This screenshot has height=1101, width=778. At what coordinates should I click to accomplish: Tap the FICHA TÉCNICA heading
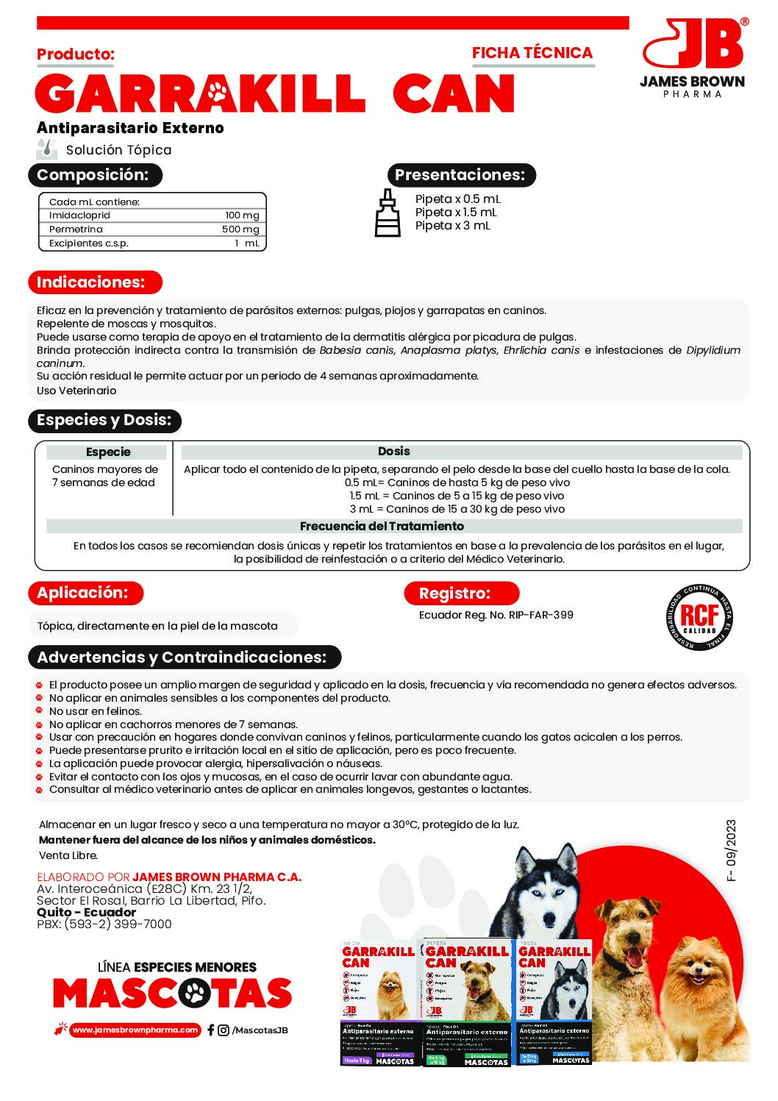coord(532,53)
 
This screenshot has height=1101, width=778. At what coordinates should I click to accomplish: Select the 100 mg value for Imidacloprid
coord(242,215)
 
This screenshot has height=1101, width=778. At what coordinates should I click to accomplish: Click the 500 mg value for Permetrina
coord(240,229)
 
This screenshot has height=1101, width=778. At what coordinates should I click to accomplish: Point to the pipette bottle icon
coord(388,213)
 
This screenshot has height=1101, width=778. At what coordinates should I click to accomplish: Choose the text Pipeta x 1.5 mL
coord(456,213)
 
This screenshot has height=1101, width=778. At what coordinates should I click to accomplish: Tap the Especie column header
coord(108,452)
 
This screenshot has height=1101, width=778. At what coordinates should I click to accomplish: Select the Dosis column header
coord(393,452)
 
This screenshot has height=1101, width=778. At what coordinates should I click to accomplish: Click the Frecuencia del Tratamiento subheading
coord(382,527)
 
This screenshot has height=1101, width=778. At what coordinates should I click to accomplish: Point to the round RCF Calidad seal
coord(699,617)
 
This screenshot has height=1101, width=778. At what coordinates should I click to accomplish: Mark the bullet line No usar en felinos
coord(96,711)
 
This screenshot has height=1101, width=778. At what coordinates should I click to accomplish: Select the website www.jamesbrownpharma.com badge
coord(135,1030)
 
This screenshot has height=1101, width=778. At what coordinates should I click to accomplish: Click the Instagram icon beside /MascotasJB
coord(224,1030)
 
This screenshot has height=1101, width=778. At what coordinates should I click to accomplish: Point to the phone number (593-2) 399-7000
coord(118,924)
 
